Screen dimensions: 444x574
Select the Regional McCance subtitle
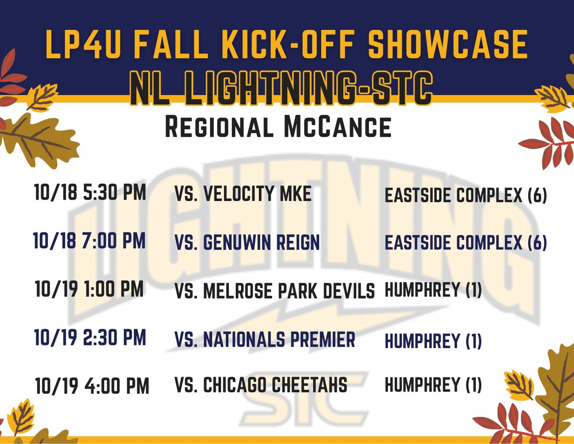pyautogui.click(x=278, y=128)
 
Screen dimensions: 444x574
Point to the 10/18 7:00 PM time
pyautogui.click(x=89, y=241)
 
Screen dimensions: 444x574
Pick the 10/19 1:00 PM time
pyautogui.click(x=89, y=290)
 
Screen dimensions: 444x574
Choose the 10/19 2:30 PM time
pyautogui.click(x=90, y=338)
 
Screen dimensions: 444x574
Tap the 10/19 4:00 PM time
pyautogui.click(x=92, y=386)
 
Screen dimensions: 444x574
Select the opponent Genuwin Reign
pyautogui.click(x=247, y=243)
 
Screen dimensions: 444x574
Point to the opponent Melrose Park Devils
pyautogui.click(x=275, y=290)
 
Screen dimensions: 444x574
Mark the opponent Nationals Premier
pyautogui.click(x=265, y=339)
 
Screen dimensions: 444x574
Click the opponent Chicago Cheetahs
pyautogui.click(x=261, y=385)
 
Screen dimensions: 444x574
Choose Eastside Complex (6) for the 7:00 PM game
pyautogui.click(x=465, y=243)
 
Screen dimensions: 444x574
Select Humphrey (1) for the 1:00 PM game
pyautogui.click(x=433, y=290)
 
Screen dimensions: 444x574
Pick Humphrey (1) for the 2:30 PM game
pyautogui.click(x=433, y=341)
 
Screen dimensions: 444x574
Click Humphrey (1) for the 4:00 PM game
pyautogui.click(x=433, y=385)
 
